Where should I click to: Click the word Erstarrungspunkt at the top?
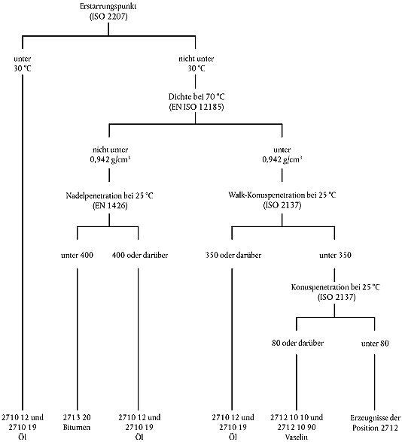coord(108,7)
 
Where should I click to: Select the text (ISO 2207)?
coord(108,17)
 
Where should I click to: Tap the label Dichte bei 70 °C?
coord(196,97)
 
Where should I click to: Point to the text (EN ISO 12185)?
coord(196,107)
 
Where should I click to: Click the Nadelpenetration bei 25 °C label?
coord(110,195)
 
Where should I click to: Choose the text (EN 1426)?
coord(110,205)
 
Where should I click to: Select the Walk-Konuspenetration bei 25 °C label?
coord(282,195)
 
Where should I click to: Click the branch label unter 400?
coord(77,255)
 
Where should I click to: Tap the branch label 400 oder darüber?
coord(140,255)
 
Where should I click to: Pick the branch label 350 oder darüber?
coord(233,255)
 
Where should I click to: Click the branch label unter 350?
coord(336,255)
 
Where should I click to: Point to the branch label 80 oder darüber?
coord(297,343)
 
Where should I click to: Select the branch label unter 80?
coord(375,344)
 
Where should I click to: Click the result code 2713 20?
coord(77,417)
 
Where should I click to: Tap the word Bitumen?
coord(77,427)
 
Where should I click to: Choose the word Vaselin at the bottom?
coord(297,437)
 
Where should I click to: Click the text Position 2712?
coord(375,428)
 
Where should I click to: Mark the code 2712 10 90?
coord(297,427)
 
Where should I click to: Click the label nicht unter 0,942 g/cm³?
coord(110,155)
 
